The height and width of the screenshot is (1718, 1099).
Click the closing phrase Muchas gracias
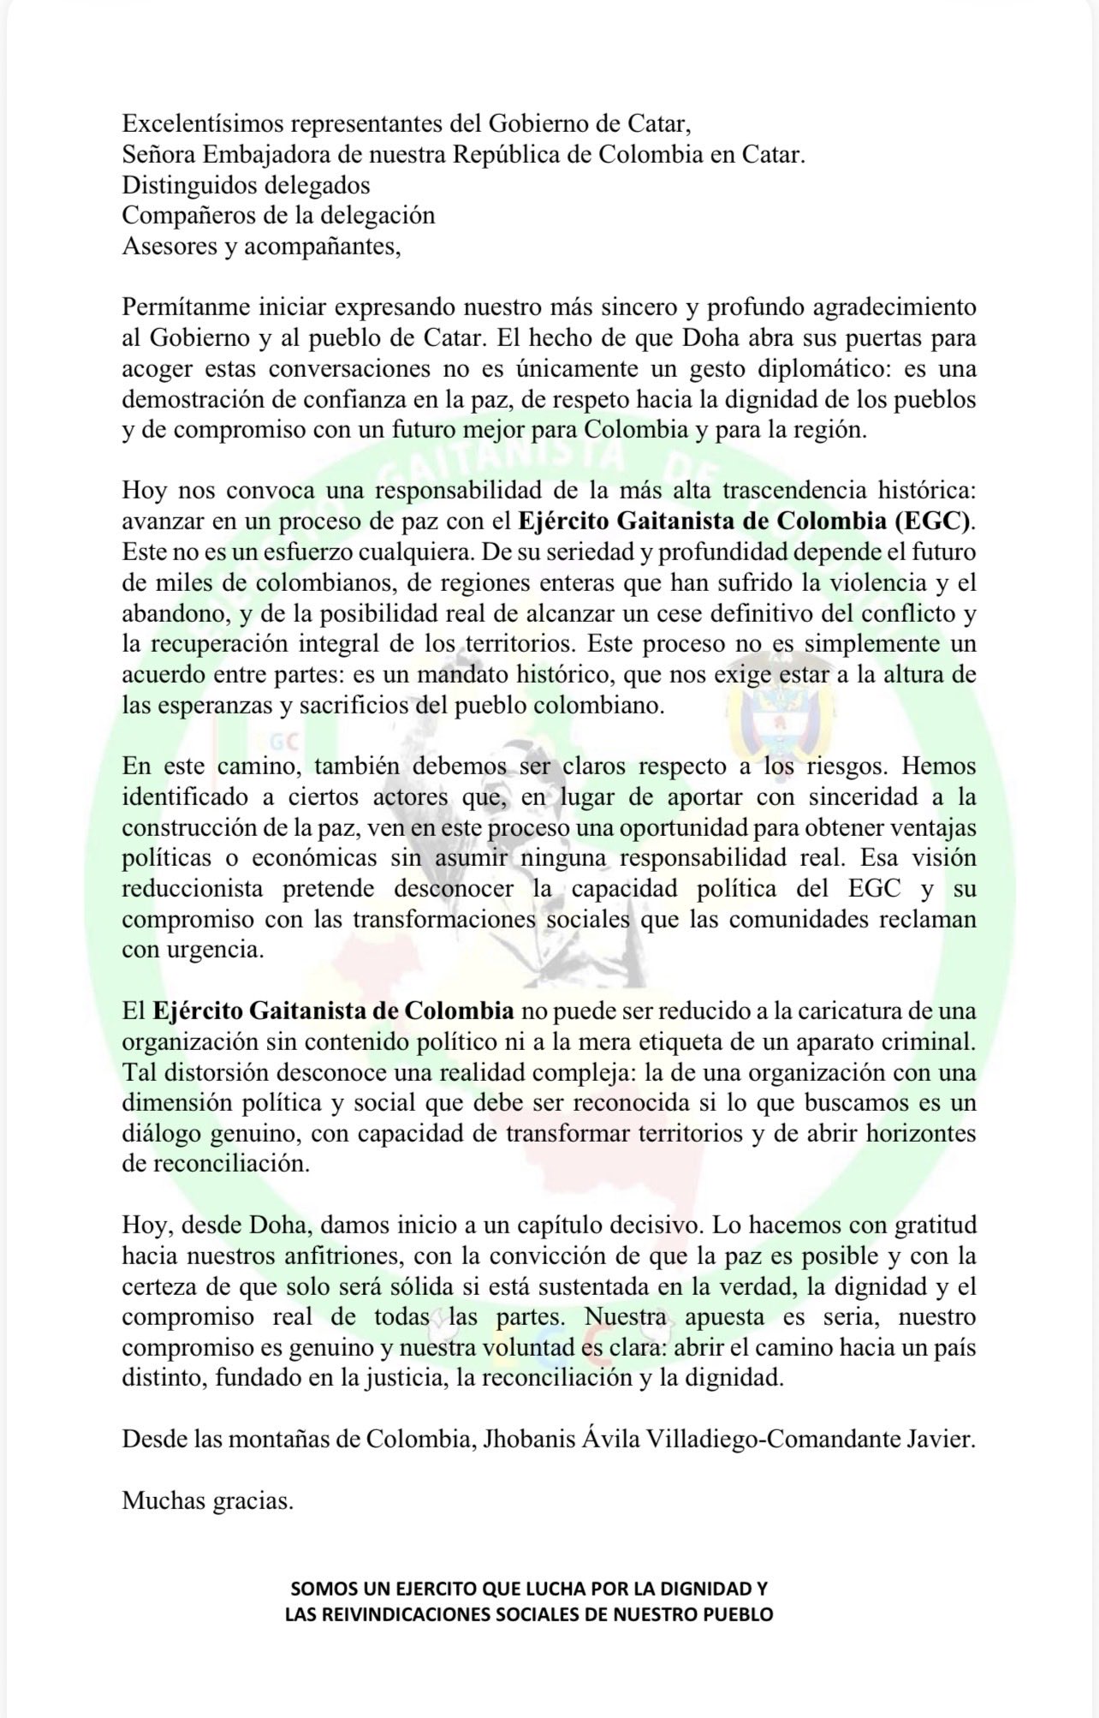pos(207,1501)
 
